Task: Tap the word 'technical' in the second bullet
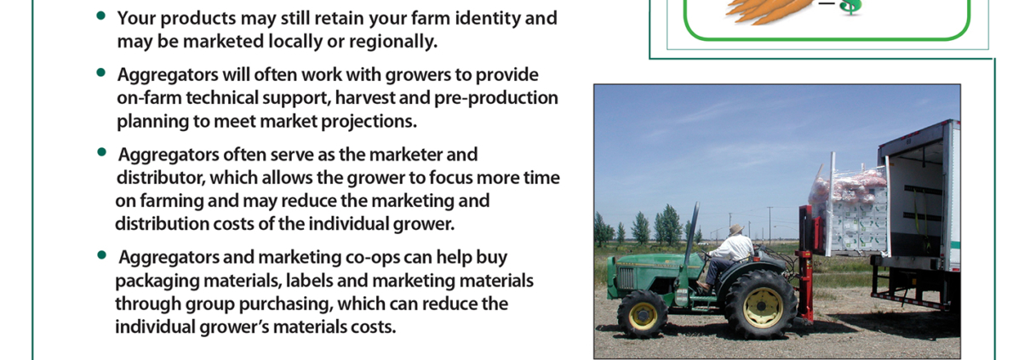point(221,98)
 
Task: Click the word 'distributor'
point(161,178)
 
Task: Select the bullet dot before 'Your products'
point(101,16)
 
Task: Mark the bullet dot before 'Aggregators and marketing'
point(101,254)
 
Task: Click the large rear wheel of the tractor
point(760,305)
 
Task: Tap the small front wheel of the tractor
point(643,314)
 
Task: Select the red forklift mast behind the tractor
point(806,262)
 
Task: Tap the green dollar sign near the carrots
point(851,8)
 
